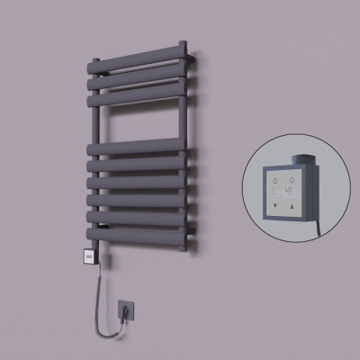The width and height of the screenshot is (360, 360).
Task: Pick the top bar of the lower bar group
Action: (x=139, y=146)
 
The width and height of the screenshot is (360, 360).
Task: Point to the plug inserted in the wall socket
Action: (x=126, y=311)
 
